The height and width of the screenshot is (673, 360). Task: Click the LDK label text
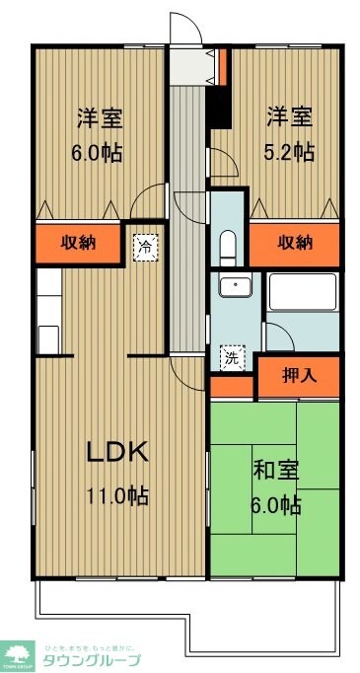[116, 454]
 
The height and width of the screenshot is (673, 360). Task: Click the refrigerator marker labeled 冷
[145, 244]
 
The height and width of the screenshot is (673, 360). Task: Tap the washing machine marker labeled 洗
[230, 359]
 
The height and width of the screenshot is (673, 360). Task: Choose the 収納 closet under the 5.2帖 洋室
[294, 242]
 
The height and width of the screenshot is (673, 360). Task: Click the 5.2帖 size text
[289, 152]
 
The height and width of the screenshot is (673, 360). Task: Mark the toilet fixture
[227, 244]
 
